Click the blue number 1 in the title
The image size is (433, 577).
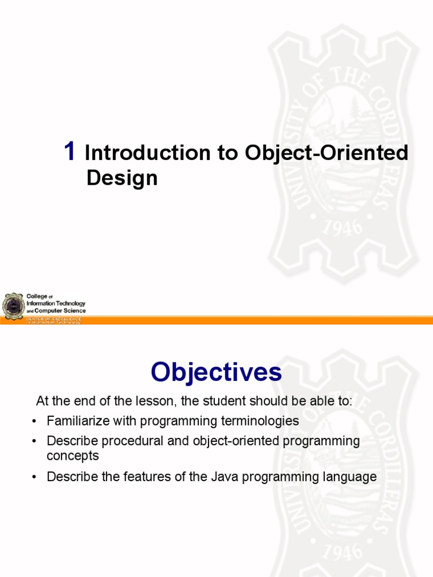pos(69,152)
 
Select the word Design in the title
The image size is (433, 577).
pos(122,178)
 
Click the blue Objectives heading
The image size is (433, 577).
pos(216,372)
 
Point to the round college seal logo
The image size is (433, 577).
pos(13,306)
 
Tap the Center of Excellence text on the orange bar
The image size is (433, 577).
pos(54,319)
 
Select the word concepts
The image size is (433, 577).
pos(73,455)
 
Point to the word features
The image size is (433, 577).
pos(135,477)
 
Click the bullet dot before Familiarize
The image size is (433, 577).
pos(35,421)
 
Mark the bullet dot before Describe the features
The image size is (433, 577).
pos(35,477)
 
